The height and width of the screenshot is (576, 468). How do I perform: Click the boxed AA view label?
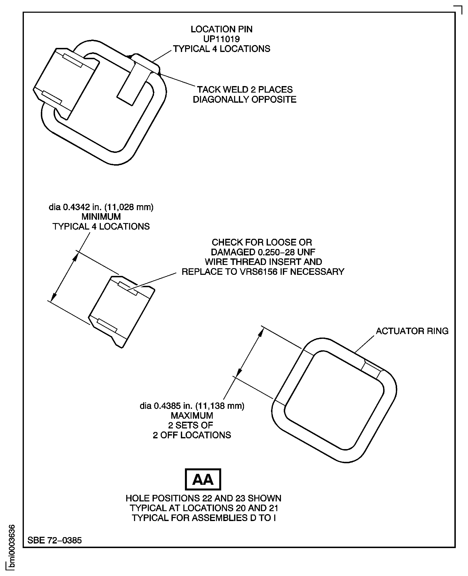[x=203, y=479]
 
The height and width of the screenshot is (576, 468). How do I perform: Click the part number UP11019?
[x=221, y=39]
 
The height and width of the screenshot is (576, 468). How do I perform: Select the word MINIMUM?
[x=101, y=217]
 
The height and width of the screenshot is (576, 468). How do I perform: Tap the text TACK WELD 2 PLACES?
[x=245, y=89]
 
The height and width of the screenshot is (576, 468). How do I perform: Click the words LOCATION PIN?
[x=221, y=29]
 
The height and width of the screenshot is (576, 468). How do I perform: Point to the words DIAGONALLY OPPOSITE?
[x=245, y=100]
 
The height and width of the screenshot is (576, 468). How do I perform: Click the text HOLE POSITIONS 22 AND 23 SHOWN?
[x=203, y=498]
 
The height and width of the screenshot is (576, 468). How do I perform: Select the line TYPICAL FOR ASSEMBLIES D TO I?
[x=203, y=518]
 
